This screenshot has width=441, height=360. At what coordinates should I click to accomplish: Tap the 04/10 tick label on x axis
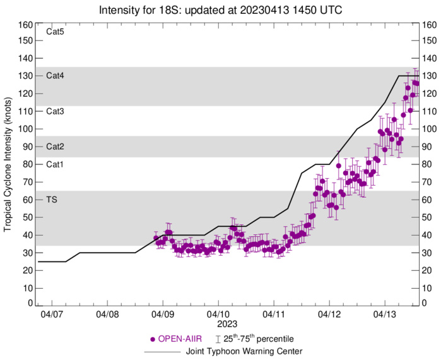coord(218,314)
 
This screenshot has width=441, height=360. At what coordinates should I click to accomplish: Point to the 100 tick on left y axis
coord(25,129)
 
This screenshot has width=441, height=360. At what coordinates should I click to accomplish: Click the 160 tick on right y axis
coord(431,25)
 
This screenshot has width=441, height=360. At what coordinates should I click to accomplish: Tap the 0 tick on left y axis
coord(29,304)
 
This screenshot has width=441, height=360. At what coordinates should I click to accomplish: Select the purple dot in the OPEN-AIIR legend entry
coord(153,339)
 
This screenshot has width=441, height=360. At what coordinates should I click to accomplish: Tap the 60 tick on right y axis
coord(429,200)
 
